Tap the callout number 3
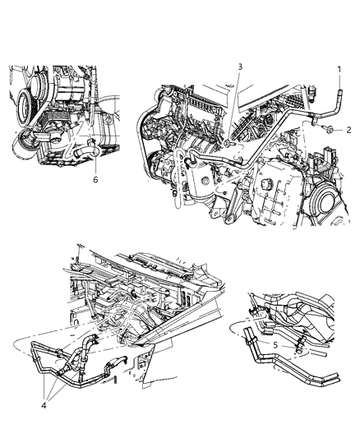[239, 66]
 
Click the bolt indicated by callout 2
[328, 129]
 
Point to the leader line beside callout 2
[338, 130]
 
